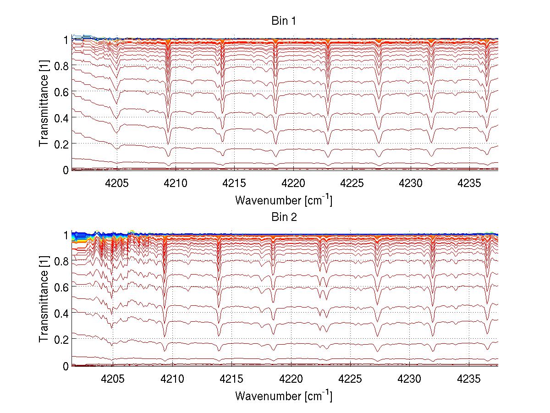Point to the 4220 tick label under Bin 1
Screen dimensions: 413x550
(293, 182)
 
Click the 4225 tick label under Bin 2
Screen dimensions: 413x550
(351, 378)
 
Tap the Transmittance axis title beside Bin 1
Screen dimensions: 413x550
(44, 105)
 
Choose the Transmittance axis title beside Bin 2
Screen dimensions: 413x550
(44, 300)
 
